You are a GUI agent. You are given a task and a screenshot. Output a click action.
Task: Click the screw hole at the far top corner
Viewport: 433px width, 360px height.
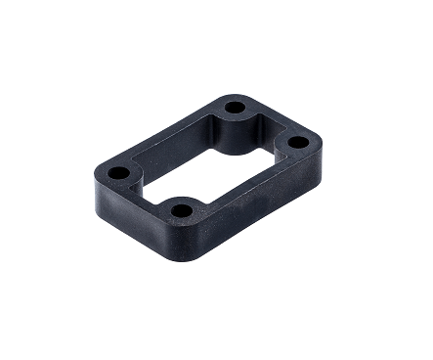(x=235, y=108)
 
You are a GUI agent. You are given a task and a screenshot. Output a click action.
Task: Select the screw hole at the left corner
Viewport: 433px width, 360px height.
(x=118, y=173)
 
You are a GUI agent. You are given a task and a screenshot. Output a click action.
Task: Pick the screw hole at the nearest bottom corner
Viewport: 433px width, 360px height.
(x=180, y=209)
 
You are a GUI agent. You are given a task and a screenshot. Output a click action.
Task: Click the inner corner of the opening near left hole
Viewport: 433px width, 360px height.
(x=147, y=172)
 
